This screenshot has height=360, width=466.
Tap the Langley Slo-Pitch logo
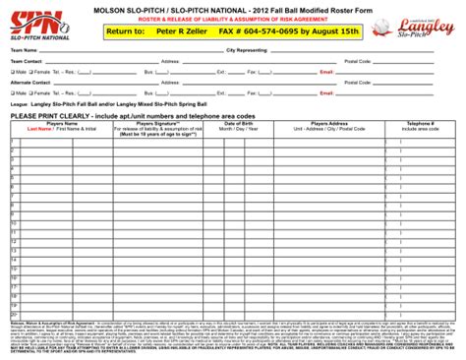(422, 26)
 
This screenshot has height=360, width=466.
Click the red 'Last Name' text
(39, 128)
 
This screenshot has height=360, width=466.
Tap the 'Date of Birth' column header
(224, 123)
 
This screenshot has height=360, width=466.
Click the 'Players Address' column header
(314, 123)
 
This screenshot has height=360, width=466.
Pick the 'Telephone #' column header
(419, 123)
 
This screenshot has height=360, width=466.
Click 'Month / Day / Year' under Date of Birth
(224, 128)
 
